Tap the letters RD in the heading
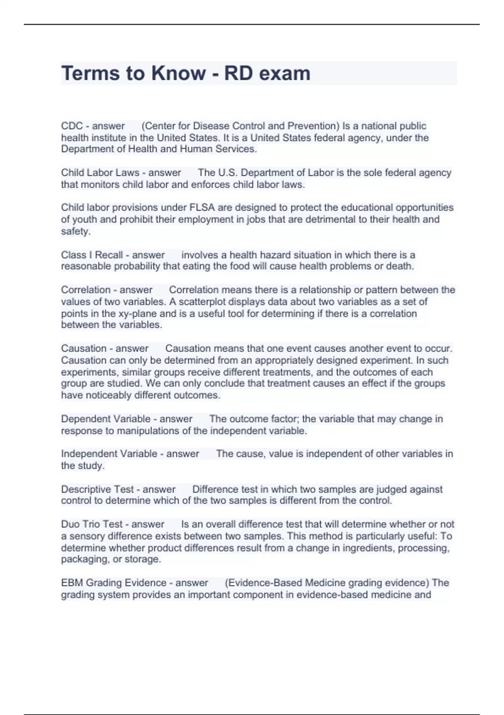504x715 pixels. click(238, 73)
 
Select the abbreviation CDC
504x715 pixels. click(72, 126)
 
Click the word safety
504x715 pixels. click(76, 231)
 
